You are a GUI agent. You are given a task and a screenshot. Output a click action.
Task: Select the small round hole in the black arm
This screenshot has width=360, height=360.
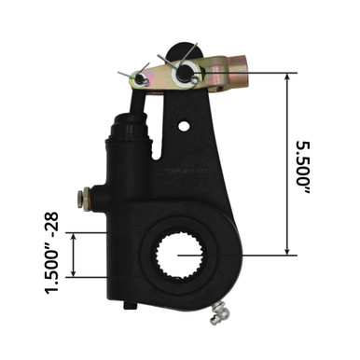click(184, 125)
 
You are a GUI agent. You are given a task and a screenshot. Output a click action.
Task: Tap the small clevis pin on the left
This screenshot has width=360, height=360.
click(140, 77)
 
